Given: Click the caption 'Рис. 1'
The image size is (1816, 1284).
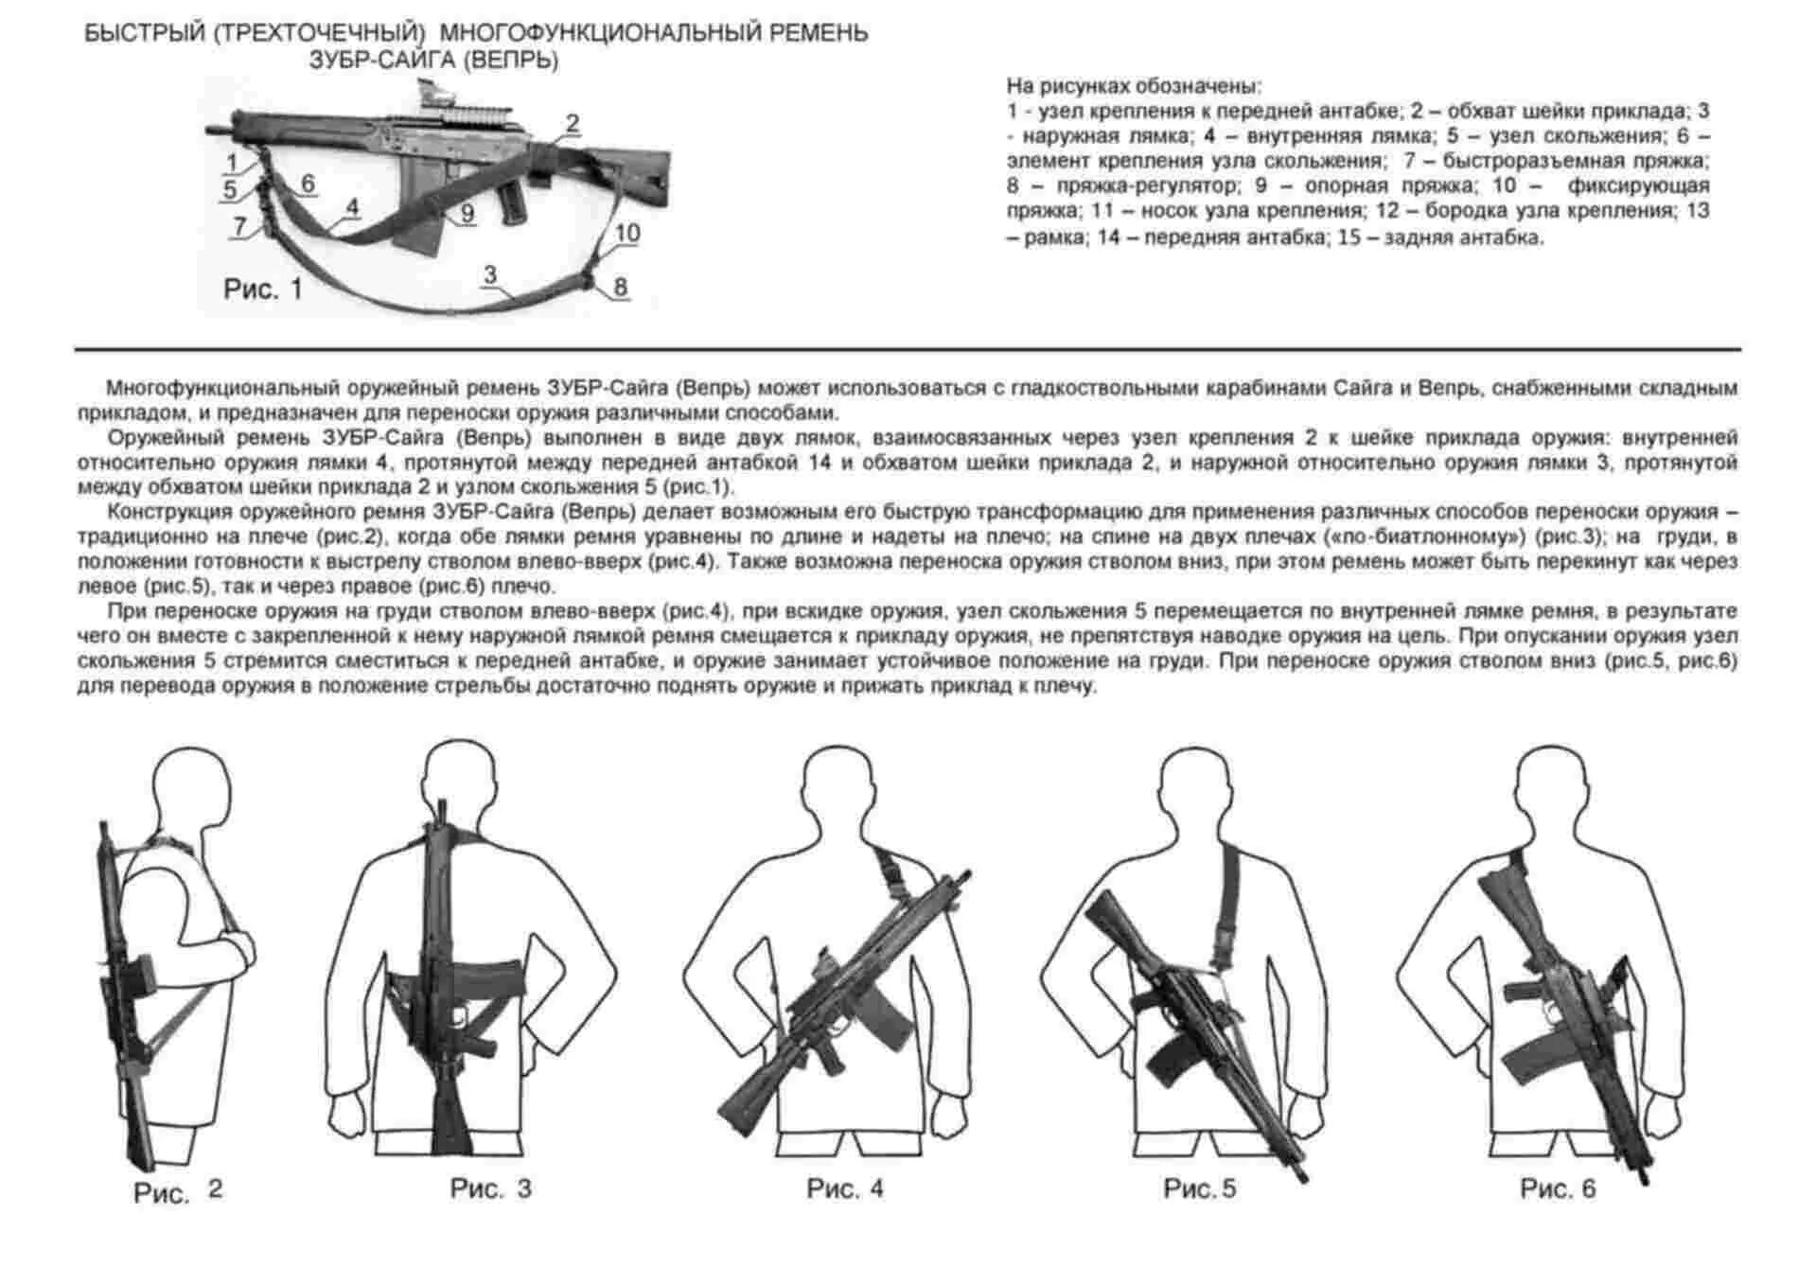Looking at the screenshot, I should [262, 289].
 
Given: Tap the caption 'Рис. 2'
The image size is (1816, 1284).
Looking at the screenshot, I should [178, 1191].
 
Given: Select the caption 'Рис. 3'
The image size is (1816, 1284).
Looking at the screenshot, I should [490, 1188].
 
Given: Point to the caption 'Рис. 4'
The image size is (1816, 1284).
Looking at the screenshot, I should [845, 1188].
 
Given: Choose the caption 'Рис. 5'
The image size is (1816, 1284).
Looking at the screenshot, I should [1199, 1188].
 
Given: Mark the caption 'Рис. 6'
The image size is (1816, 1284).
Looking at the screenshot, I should [1558, 1188].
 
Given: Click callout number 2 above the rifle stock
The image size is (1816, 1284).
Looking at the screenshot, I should [572, 123].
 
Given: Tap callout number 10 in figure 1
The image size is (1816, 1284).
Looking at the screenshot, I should [627, 233].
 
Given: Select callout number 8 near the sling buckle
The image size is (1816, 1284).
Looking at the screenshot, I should [620, 286].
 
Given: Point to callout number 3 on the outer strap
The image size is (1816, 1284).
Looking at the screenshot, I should [489, 274].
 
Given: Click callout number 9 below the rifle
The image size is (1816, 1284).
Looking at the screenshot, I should [467, 214].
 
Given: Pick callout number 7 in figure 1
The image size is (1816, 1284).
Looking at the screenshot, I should [240, 226].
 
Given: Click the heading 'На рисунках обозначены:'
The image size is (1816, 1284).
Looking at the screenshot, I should [1134, 86].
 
